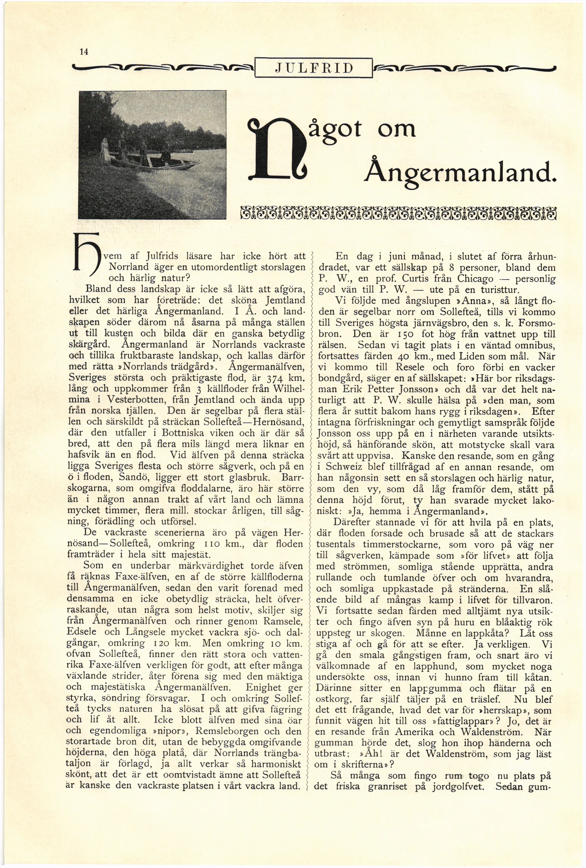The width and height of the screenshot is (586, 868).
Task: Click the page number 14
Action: pyautogui.click(x=84, y=52)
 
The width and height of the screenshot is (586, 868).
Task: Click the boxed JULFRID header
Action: pyautogui.click(x=314, y=68)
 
